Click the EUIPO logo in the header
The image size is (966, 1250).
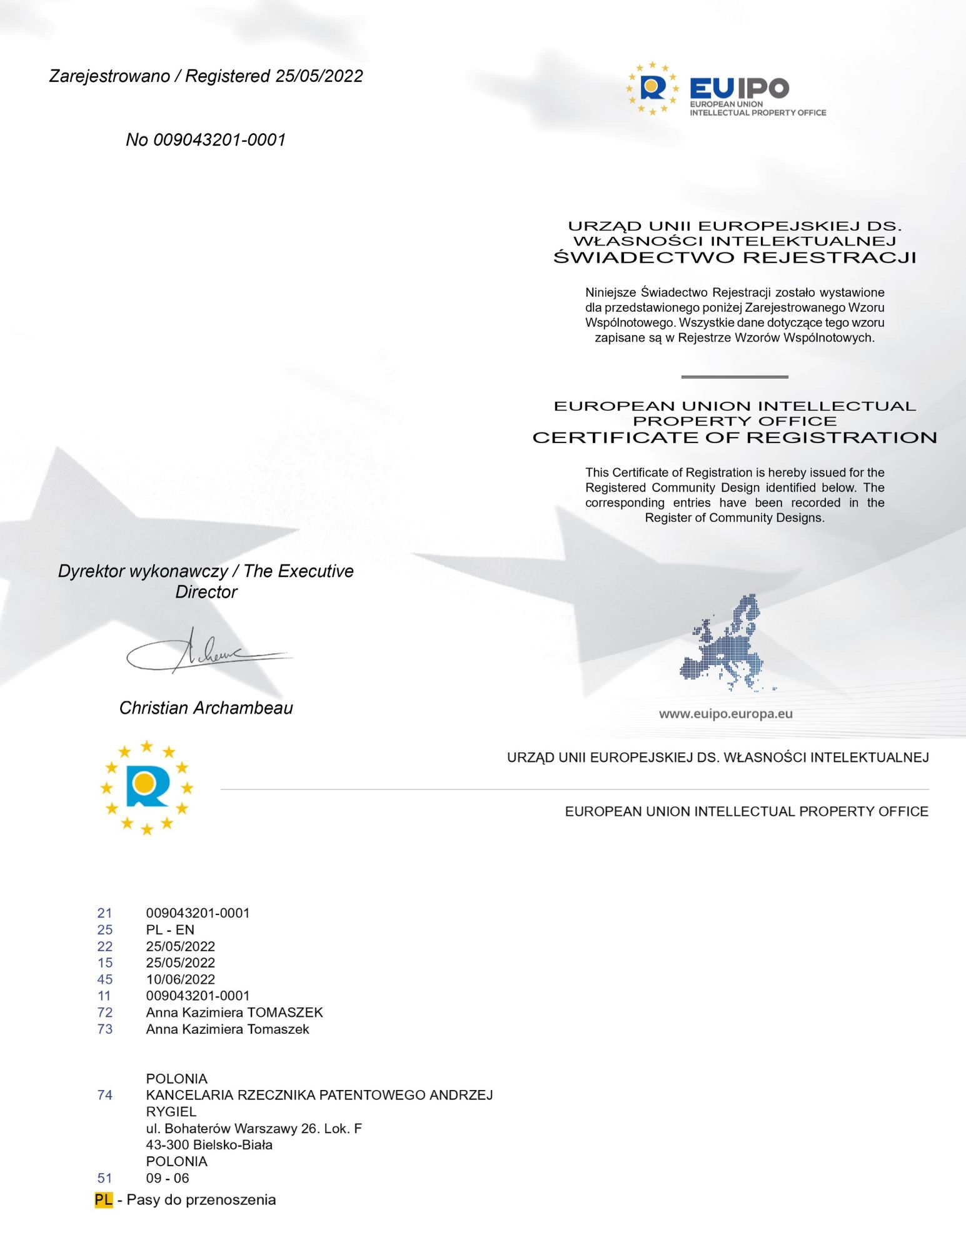[x=725, y=89]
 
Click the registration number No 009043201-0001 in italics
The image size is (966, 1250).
[x=206, y=139]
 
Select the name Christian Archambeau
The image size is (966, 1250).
[x=206, y=707]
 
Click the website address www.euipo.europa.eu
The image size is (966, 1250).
[x=725, y=714]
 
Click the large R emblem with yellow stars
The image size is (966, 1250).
[x=146, y=787]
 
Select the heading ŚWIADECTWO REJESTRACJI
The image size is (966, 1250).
[x=735, y=257]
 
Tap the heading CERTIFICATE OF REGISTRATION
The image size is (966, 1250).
[x=735, y=437]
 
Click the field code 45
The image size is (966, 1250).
[x=105, y=979]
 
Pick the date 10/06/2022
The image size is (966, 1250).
[x=181, y=979]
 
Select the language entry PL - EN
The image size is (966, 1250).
[x=170, y=929]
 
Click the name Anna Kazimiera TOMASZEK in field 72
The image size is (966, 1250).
[x=234, y=1012]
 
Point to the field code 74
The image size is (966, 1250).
[x=105, y=1095]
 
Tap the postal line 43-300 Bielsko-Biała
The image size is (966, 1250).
[x=209, y=1145]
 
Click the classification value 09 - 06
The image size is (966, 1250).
[x=168, y=1178]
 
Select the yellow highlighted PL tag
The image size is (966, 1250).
[x=104, y=1199]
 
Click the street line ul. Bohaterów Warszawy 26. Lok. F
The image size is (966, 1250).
[x=254, y=1128]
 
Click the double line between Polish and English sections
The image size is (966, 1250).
[x=735, y=377]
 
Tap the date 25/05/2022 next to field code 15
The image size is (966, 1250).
[x=181, y=962]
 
